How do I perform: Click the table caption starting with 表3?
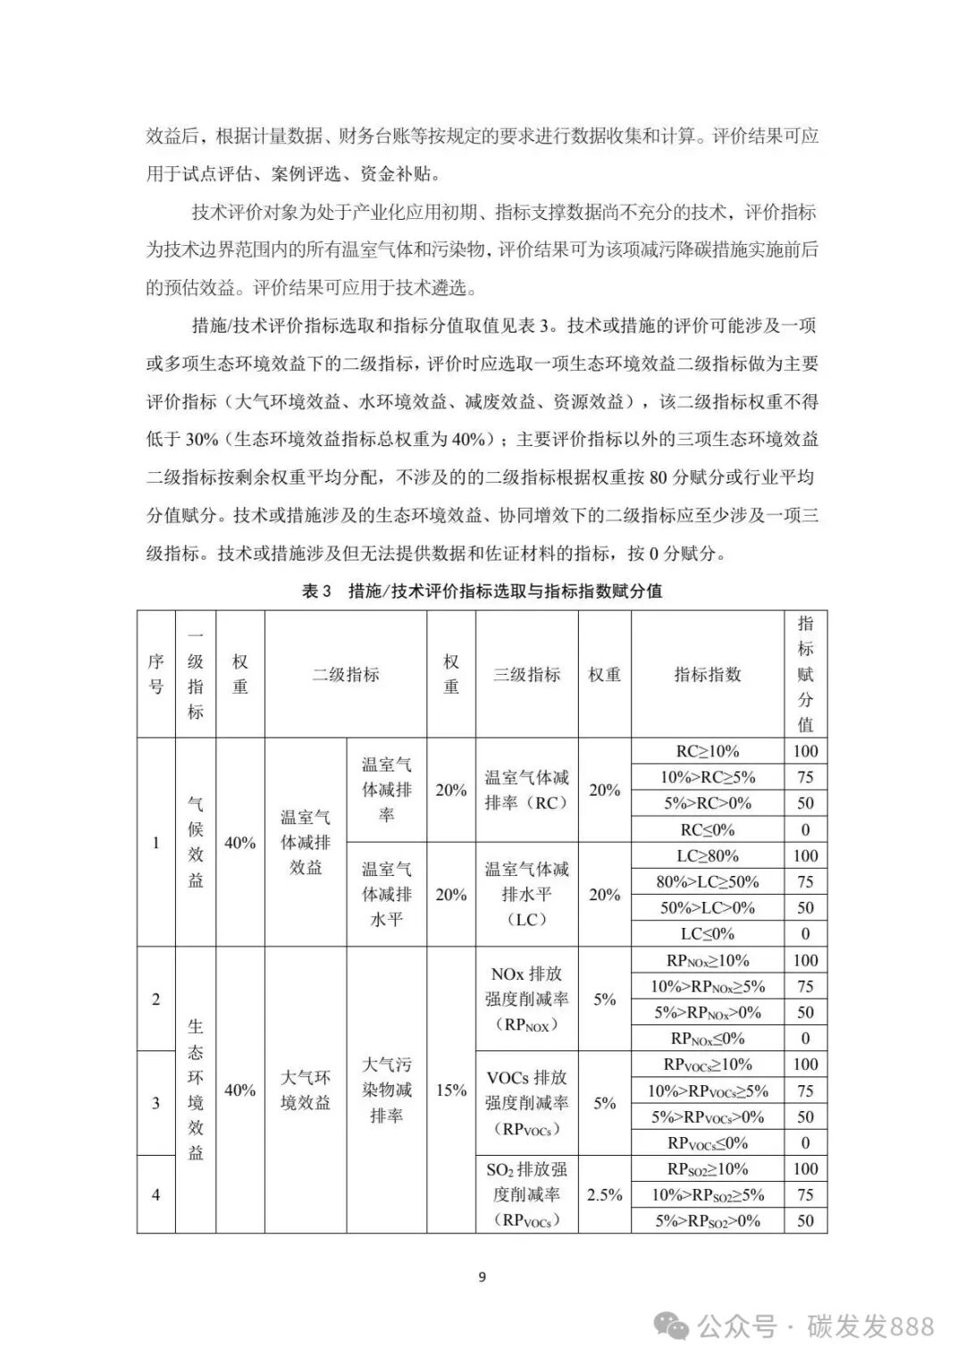(482, 591)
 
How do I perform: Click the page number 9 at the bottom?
(482, 1277)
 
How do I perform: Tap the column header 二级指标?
(346, 675)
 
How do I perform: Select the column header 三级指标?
(527, 675)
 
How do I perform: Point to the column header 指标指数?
(708, 675)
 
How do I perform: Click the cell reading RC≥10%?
(708, 751)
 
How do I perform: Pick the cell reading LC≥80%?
(708, 855)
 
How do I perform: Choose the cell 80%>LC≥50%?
(708, 881)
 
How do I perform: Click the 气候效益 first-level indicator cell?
(196, 842)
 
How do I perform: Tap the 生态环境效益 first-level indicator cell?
(196, 1090)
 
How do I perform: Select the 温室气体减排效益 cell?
(306, 842)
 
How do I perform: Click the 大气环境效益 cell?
(306, 1090)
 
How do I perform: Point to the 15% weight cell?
(451, 1090)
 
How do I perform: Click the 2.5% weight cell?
(605, 1194)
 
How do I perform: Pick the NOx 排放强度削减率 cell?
(527, 998)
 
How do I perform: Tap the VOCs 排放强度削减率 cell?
(527, 1103)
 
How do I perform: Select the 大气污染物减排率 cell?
(387, 1090)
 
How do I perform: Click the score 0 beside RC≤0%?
(805, 830)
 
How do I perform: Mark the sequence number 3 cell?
(156, 1103)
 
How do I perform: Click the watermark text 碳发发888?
(870, 1326)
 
